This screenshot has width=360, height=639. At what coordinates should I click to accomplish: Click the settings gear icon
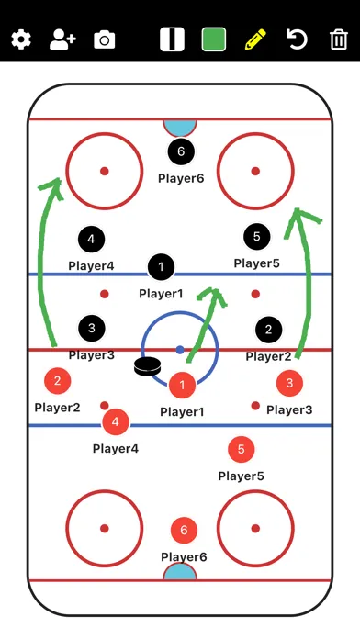click(x=21, y=40)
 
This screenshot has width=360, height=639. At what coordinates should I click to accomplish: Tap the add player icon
click(x=62, y=40)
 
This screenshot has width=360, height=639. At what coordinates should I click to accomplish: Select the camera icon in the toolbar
click(x=105, y=40)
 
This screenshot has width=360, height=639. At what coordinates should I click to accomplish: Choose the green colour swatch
click(x=214, y=39)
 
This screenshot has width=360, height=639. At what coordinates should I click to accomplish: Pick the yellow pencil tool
click(x=255, y=39)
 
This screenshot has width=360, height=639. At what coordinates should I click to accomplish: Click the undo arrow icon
click(x=297, y=39)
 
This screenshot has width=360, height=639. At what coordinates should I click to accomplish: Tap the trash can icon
click(x=338, y=39)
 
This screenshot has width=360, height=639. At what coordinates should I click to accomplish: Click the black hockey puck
click(x=147, y=366)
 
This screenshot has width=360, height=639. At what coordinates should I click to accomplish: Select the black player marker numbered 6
click(x=181, y=151)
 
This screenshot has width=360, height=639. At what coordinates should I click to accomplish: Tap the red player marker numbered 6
click(x=184, y=530)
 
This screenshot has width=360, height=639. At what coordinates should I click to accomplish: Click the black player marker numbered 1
click(x=161, y=267)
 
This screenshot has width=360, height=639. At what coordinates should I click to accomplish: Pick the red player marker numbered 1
click(x=182, y=385)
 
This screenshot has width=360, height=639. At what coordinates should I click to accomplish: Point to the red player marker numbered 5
click(x=241, y=449)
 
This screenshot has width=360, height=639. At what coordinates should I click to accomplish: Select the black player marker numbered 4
click(x=91, y=240)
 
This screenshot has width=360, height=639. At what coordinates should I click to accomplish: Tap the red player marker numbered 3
click(x=289, y=383)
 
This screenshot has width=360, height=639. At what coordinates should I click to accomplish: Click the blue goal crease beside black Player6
click(x=180, y=128)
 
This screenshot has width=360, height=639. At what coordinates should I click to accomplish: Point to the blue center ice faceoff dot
click(x=180, y=350)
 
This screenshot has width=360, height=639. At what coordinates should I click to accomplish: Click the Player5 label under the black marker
click(x=256, y=263)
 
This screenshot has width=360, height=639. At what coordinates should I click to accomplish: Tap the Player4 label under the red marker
click(x=116, y=449)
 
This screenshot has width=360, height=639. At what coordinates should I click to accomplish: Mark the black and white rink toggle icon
click(x=172, y=39)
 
